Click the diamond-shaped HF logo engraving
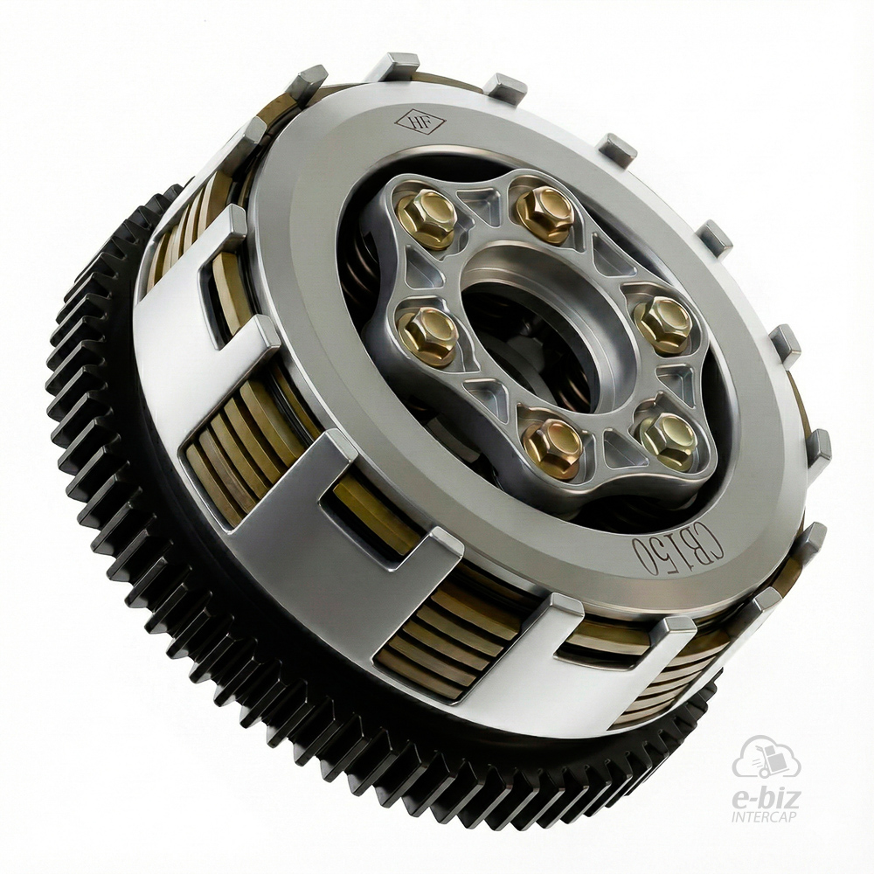[x=420, y=121]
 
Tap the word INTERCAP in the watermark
[x=765, y=817]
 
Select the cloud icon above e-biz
[x=767, y=758]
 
